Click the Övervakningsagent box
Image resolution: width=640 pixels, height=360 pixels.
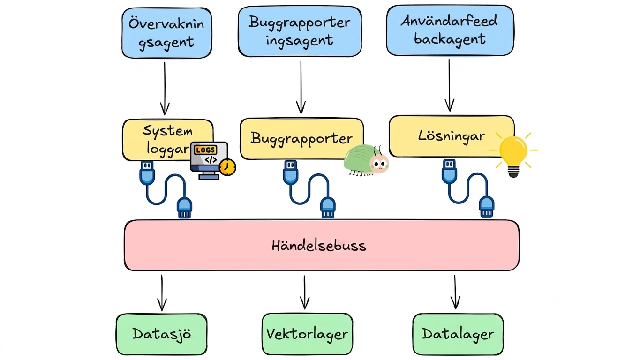pos(166,33)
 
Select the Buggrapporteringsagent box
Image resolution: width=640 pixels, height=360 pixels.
pos(300,31)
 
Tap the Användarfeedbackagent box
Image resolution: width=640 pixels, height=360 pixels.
pos(450,30)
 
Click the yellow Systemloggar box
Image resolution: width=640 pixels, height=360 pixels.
pos(168,140)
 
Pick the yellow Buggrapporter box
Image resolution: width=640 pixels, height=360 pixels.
pos(302,139)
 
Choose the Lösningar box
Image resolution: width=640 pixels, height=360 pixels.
pos(452,136)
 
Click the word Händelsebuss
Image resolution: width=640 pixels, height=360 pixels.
pos(319,246)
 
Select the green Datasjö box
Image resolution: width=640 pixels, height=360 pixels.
pos(162,334)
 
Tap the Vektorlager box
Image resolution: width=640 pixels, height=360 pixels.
pos(307,334)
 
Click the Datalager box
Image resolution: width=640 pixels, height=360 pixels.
pos(458,334)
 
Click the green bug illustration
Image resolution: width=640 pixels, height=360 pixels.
pos(366,160)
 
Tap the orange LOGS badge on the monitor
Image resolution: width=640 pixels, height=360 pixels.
pos(205,150)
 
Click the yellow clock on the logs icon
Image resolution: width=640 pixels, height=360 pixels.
pos(227,167)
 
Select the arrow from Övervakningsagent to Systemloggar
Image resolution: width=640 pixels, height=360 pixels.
pos(165,89)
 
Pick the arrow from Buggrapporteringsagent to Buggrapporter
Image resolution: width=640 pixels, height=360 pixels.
pos(301,87)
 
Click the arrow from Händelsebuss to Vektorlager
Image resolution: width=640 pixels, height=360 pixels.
pos(305,292)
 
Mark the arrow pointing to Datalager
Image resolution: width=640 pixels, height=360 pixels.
pos(455,292)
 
